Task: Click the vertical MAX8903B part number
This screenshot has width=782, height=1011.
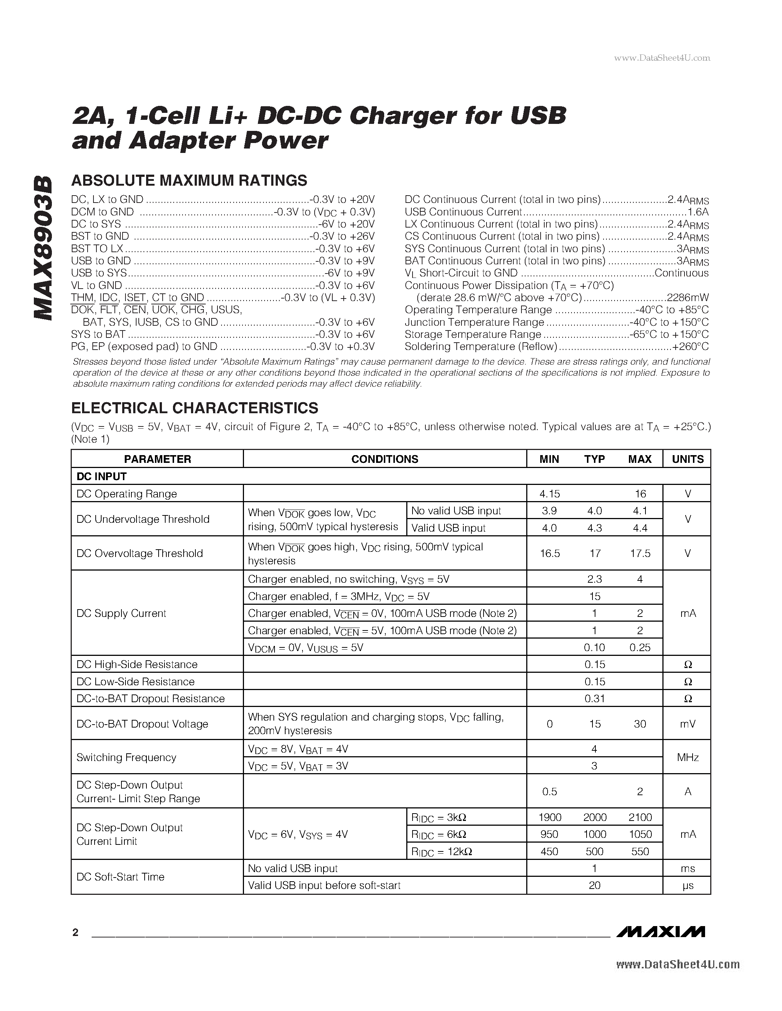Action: (43, 248)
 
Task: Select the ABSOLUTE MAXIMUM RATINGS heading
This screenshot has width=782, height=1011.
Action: (189, 180)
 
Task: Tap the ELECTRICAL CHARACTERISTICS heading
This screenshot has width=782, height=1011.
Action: (195, 408)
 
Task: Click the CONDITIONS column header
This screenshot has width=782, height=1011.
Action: (385, 459)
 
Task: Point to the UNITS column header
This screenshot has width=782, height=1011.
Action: (687, 459)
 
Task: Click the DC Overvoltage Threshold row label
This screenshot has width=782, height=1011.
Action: (139, 553)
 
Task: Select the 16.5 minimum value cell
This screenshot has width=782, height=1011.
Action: (549, 553)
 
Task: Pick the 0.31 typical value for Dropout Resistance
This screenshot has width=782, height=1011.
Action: (594, 699)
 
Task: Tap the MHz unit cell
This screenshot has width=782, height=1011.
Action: (687, 757)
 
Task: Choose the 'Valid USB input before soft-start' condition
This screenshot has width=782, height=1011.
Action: (324, 885)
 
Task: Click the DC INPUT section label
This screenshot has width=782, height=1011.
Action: (102, 476)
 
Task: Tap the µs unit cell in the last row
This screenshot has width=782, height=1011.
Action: (687, 886)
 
